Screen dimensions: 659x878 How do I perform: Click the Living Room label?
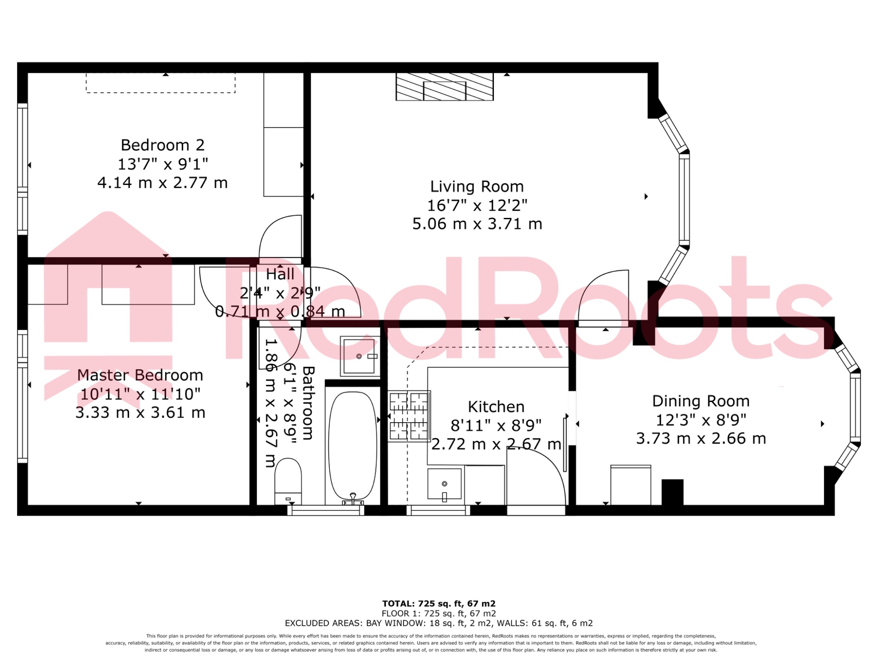pos(477,187)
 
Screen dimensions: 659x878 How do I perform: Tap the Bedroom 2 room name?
pos(162,145)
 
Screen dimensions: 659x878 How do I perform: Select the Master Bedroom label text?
pos(140,375)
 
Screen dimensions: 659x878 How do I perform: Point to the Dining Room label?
pos(701,401)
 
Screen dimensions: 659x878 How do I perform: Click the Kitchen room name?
pos(496,407)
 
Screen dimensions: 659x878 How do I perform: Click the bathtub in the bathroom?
pos(352,446)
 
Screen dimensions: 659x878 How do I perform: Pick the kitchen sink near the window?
pos(444,484)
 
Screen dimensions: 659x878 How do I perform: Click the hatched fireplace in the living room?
pos(444,87)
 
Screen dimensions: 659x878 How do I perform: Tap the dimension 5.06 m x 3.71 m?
pos(477,224)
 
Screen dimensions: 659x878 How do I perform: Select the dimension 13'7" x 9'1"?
pos(162,164)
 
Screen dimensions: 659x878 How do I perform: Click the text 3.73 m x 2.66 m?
pos(701,438)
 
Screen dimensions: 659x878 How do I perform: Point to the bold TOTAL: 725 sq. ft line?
pos(439,604)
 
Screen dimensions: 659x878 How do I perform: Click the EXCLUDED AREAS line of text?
pos(439,623)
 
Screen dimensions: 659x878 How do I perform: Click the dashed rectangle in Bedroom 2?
pos(160,83)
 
